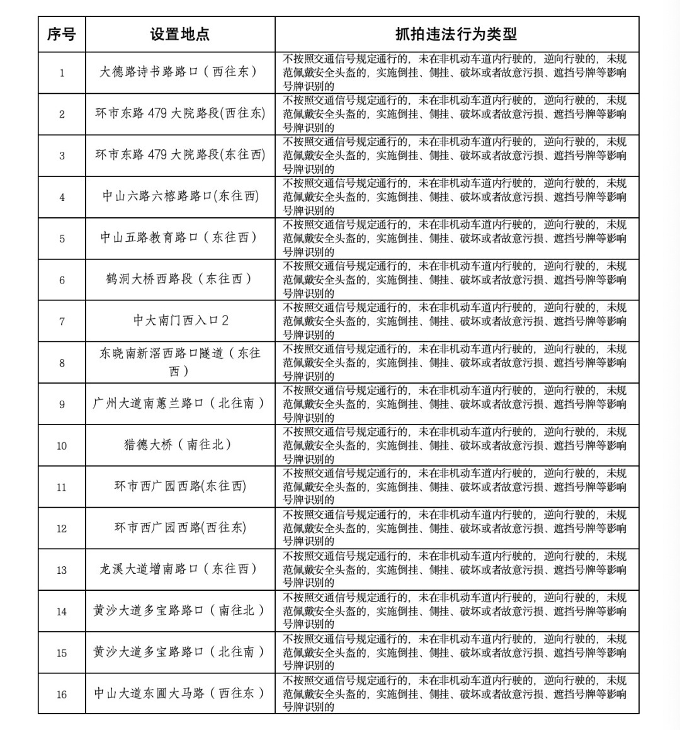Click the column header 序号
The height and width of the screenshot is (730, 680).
tap(62, 34)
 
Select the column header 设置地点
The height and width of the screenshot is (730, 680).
tap(179, 34)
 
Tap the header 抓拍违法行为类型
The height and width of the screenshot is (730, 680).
tap(456, 34)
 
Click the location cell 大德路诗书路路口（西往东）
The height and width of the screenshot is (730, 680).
tap(179, 72)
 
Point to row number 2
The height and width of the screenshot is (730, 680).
tap(62, 114)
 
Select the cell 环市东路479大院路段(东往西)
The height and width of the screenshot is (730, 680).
tap(179, 155)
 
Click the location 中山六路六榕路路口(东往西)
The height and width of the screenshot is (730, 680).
tap(179, 197)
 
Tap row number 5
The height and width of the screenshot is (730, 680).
tap(62, 239)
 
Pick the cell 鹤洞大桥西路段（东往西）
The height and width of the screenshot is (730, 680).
tap(179, 279)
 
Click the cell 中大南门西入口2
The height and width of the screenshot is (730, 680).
tap(179, 321)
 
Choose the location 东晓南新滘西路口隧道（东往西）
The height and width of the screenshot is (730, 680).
tap(179, 362)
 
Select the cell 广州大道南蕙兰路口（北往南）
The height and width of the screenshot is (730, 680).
tap(179, 403)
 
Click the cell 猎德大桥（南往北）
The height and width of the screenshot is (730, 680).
tap(179, 445)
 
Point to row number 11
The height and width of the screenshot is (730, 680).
tap(62, 487)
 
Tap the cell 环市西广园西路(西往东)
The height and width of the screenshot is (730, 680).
tap(179, 528)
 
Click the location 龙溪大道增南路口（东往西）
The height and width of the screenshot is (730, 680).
tap(179, 569)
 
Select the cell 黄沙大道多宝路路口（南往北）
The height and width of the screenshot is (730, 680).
tap(179, 611)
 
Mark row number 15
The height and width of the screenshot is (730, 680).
tap(62, 653)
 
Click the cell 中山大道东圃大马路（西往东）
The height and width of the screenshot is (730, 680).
tap(179, 693)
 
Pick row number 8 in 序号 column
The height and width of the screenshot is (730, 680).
tap(62, 363)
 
